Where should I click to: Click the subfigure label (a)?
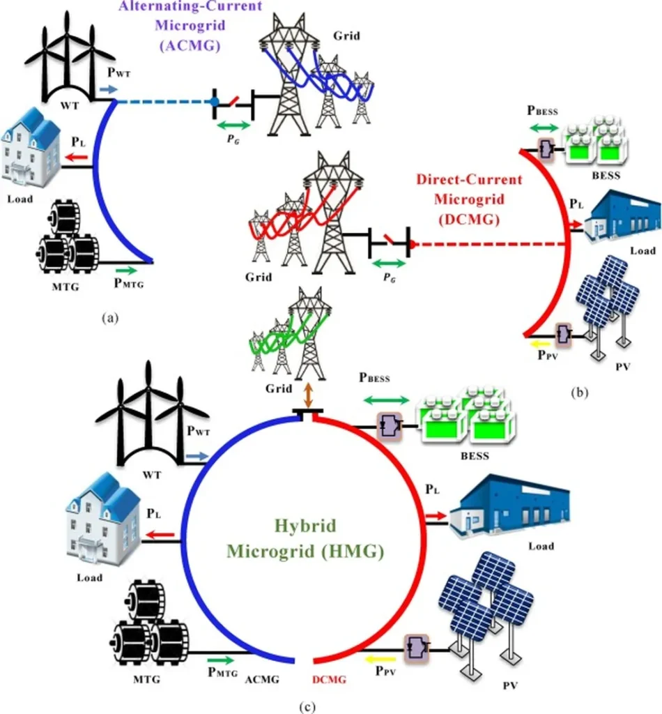109,317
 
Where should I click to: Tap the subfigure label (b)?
579,393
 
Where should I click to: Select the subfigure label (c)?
307,706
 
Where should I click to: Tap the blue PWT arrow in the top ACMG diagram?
108,91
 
